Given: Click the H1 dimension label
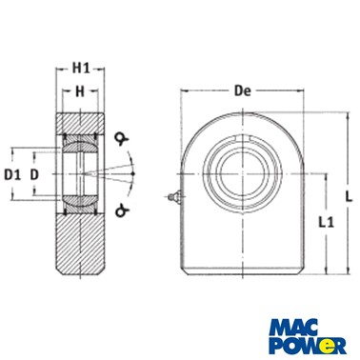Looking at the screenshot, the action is pos(81,69).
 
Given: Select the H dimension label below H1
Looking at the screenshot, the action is pos(80,91).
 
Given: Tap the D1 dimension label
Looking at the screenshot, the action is pos(12,174).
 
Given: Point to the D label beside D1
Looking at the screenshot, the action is pos(34,174).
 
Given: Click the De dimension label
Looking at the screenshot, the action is pos(243,91).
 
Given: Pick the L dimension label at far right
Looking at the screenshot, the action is pos(349,197).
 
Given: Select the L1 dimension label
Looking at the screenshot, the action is pos(326,222).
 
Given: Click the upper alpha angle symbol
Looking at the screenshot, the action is pos(121,139).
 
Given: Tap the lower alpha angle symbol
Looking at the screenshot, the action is pos(121,210).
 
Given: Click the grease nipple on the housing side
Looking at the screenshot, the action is pos(174,197).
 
